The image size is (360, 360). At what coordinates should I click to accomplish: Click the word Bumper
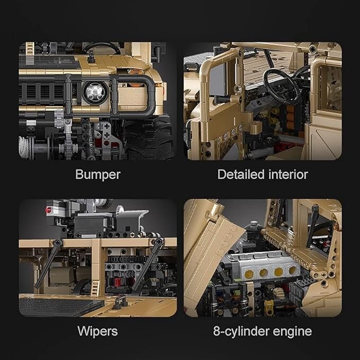pyautogui.click(x=98, y=175)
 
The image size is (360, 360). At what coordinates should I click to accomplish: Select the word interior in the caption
pyautogui.click(x=288, y=174)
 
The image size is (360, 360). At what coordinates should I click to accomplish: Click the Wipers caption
pyautogui.click(x=98, y=331)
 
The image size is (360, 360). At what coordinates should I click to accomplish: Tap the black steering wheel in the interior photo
pyautogui.click(x=282, y=86)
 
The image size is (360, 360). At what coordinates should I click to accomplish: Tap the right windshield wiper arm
pyautogui.click(x=148, y=264)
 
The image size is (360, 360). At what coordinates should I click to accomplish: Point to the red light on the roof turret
pyautogui.click(x=48, y=210)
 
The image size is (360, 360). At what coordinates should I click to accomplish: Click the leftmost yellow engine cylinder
pyautogui.click(x=249, y=274)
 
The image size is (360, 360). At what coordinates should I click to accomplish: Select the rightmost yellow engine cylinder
pyautogui.click(x=293, y=270)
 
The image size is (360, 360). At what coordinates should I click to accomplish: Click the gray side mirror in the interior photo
pyautogui.click(x=218, y=79)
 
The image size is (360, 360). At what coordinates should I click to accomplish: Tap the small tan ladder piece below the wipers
pyautogui.click(x=95, y=288)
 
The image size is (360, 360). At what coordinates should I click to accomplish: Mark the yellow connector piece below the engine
pyautogui.click(x=269, y=305)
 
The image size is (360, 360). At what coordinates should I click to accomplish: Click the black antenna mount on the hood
pyautogui.click(x=91, y=57)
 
